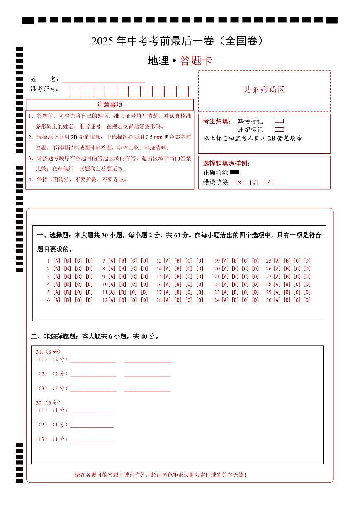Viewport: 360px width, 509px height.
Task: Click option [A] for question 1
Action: (x=56, y=261)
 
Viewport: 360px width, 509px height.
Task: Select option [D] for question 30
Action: (x=307, y=300)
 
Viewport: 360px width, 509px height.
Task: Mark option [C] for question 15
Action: (x=189, y=277)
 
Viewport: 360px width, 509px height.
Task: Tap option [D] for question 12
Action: (x=144, y=300)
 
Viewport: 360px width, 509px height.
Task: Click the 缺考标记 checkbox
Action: (x=279, y=121)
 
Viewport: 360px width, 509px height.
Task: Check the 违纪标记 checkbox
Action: (x=279, y=129)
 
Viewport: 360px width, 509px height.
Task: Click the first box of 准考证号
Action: (x=75, y=91)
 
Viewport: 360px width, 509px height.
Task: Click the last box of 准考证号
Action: (x=183, y=91)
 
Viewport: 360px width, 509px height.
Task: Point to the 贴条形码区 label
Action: (x=264, y=90)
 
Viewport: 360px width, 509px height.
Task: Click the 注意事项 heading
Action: (x=109, y=105)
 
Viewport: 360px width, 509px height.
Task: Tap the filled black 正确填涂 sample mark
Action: (x=235, y=172)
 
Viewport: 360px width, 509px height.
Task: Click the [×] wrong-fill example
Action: (x=239, y=183)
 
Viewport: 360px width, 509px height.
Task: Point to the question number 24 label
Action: (x=217, y=300)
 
